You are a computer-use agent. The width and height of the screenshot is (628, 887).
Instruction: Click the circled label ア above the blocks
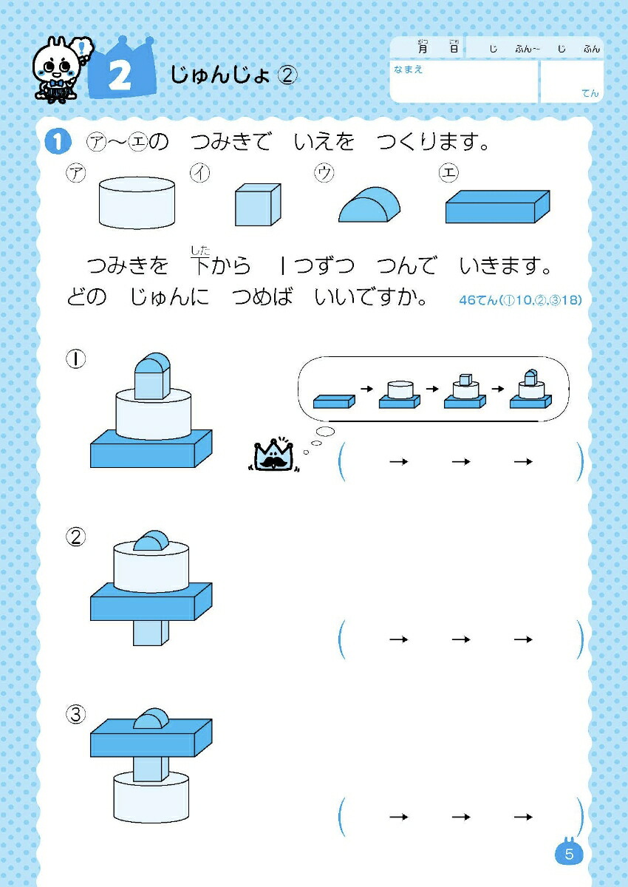click(x=75, y=173)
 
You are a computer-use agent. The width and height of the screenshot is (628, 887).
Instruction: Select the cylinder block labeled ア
click(x=137, y=202)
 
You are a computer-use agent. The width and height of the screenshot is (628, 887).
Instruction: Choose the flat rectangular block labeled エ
click(x=496, y=207)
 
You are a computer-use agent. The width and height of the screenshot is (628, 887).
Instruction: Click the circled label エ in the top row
click(x=448, y=173)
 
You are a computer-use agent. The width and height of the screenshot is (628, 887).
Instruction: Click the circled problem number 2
click(x=75, y=537)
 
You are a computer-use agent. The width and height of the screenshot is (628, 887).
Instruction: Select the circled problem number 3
click(x=75, y=714)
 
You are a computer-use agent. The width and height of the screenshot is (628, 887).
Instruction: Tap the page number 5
click(x=569, y=855)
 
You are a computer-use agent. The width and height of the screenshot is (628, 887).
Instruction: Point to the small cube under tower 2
click(x=151, y=632)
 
